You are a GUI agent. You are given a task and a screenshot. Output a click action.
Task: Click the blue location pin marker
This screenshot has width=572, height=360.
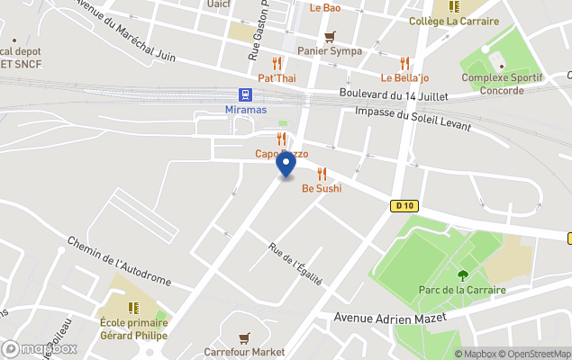[x=286, y=164]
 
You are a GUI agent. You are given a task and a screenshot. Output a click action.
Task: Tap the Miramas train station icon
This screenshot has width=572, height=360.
[x=244, y=94]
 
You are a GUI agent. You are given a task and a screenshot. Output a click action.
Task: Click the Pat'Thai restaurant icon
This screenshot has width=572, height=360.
[x=277, y=63]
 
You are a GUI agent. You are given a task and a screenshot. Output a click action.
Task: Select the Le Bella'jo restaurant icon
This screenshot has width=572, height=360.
[x=405, y=63]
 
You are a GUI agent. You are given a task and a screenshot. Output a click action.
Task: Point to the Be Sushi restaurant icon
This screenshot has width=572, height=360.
[x=322, y=174]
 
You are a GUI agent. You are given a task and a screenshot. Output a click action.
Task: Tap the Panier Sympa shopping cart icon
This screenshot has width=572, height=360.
[x=331, y=37]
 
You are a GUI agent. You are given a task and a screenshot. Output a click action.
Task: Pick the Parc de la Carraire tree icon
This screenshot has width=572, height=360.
[x=463, y=275]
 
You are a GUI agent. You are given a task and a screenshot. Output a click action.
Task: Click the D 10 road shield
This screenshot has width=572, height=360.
[x=404, y=205]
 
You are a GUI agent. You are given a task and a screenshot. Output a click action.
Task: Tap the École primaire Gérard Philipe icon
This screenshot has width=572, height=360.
[x=133, y=308]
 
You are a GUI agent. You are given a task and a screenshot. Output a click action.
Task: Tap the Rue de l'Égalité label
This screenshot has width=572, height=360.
[x=295, y=263]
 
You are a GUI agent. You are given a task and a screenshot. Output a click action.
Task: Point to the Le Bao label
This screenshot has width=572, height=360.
[x=325, y=8]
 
